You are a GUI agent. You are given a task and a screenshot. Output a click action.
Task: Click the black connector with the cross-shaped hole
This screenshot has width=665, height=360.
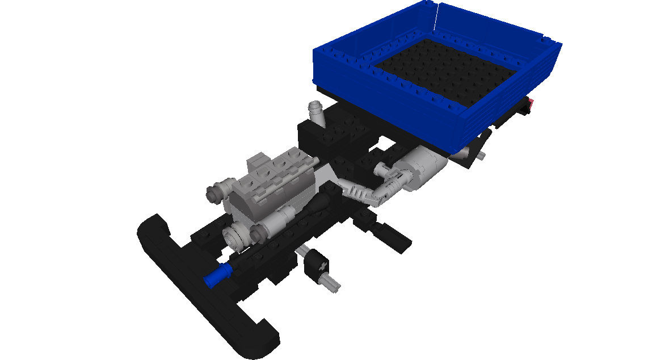tap(317, 265)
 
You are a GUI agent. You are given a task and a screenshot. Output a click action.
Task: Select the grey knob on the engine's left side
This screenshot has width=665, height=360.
tap(218, 190)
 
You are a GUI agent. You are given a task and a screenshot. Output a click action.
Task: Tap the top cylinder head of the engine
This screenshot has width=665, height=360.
tap(272, 165)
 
